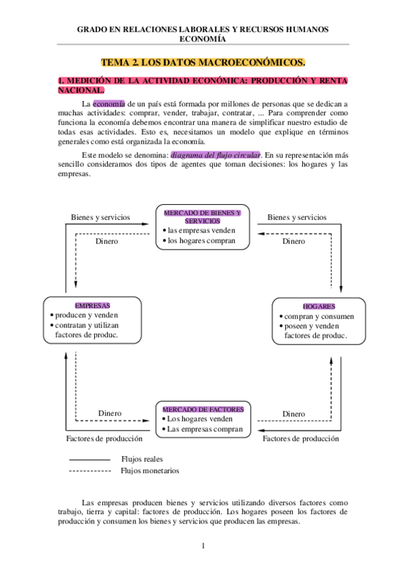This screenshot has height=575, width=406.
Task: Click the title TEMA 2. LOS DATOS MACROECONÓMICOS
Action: pos(203,62)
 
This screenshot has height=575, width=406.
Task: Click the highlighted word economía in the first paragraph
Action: pos(109,103)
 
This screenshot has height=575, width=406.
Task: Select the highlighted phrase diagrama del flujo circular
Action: pos(216,155)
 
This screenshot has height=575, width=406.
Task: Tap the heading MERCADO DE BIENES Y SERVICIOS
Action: pos(203,216)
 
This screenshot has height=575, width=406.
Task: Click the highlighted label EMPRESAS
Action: pos(93,306)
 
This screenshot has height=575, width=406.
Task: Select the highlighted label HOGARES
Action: pos(319,306)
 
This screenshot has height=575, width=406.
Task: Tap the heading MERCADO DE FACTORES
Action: pos(203,410)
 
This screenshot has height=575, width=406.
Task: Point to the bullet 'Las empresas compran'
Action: pos(205,429)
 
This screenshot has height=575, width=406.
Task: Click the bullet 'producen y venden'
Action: pos(87,315)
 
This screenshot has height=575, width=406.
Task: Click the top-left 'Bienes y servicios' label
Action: pos(101,218)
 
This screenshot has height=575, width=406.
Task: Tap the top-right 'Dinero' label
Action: pos(293,241)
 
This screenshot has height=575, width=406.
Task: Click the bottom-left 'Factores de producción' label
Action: pos(104,439)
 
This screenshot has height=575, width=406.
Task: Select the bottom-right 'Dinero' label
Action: pos(293,414)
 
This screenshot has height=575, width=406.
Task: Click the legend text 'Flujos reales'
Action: pos(142,459)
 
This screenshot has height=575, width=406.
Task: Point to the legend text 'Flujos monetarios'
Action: pos(150,470)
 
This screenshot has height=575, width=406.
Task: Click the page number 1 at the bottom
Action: pos(203,546)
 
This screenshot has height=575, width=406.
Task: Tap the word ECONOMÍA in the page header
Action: pos(203,39)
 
